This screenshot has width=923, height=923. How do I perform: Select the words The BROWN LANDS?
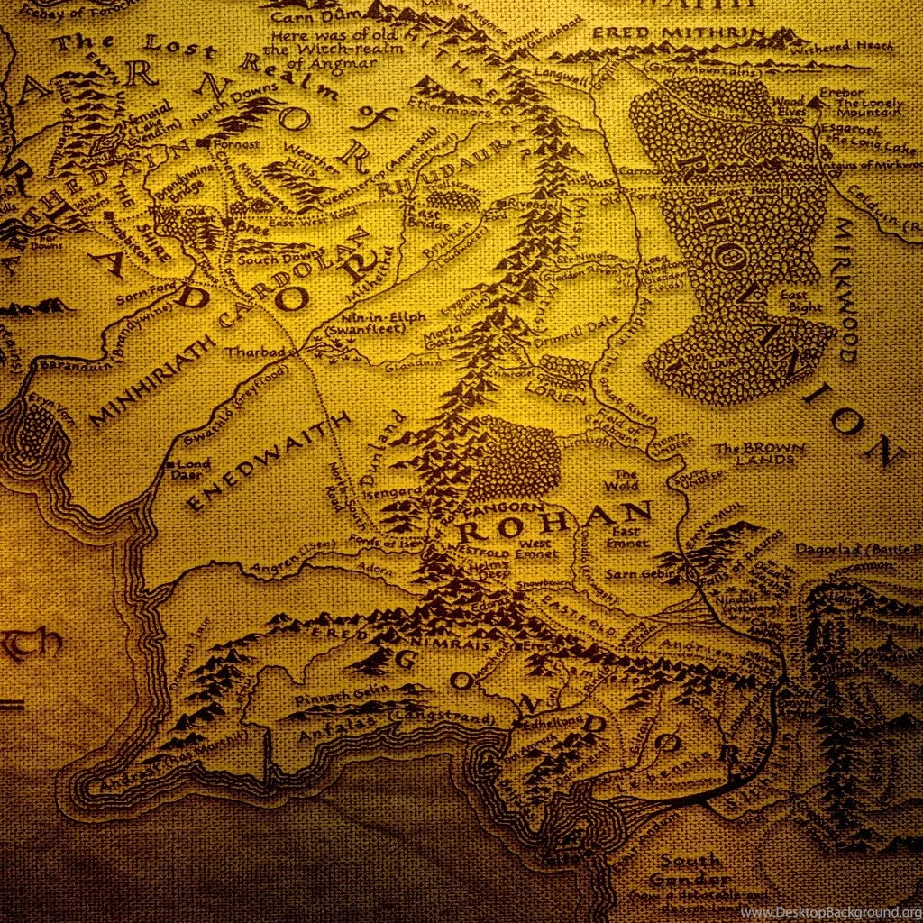[x=754, y=453]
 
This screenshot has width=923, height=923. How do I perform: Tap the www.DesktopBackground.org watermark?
[x=829, y=912]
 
